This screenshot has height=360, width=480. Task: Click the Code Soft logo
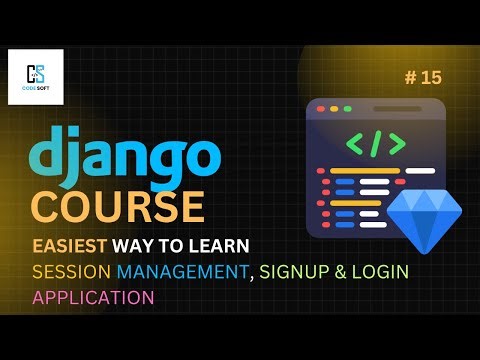(x=35, y=78)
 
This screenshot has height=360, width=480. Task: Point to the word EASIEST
(x=70, y=246)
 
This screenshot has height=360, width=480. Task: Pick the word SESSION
(x=71, y=272)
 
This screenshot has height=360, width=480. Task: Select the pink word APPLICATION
(x=94, y=297)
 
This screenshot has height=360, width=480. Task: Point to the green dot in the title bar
(x=347, y=107)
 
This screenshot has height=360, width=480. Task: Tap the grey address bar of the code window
(x=395, y=107)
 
